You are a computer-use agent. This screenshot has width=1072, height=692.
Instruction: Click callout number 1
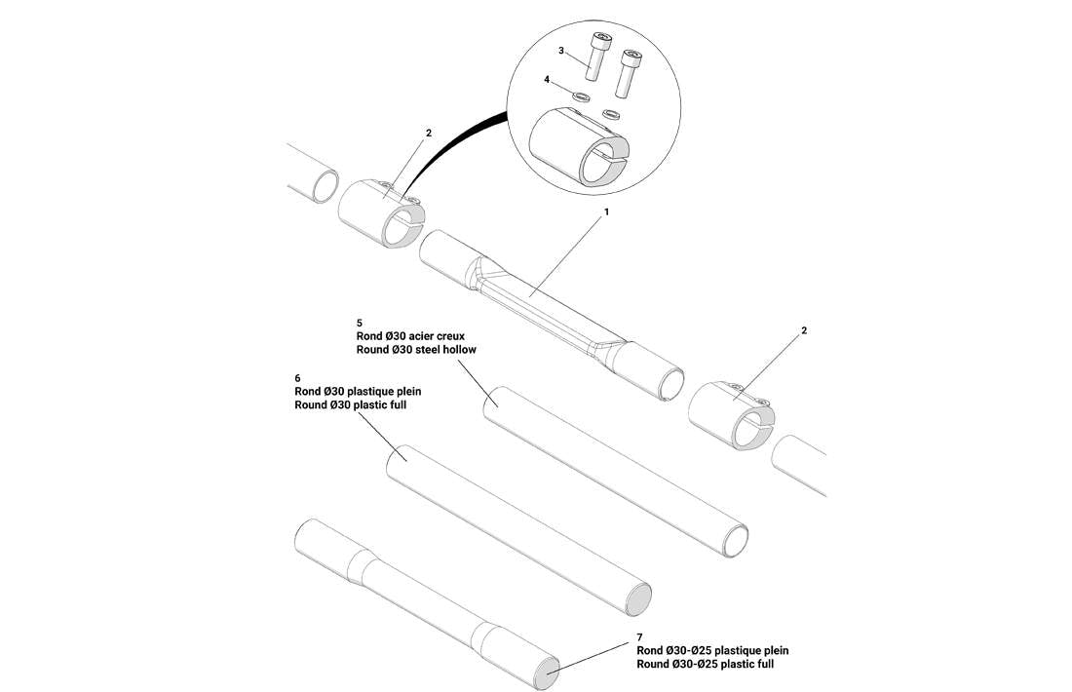(606, 211)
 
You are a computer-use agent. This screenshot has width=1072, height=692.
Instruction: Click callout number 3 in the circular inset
(561, 49)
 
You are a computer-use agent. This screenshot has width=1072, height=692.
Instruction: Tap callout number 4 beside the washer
(547, 79)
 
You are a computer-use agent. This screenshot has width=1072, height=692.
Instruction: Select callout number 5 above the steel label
(360, 322)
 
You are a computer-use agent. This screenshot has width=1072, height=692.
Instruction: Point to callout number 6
(297, 377)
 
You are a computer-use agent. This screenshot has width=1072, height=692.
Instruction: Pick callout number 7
(640, 636)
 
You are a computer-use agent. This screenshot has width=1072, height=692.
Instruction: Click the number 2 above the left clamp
(428, 133)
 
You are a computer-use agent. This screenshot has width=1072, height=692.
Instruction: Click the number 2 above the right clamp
(804, 330)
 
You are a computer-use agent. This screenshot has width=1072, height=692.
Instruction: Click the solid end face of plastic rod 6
(638, 598)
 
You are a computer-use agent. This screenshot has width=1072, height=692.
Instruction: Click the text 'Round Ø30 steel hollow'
(416, 349)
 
